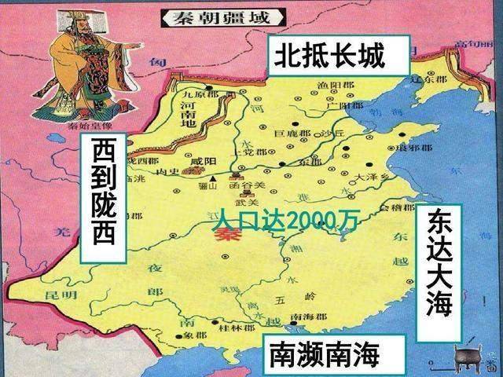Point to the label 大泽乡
(x=369, y=178)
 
